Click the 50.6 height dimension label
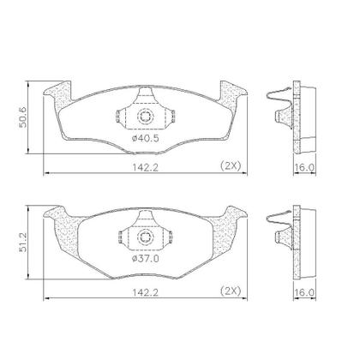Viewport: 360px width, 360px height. [23, 117]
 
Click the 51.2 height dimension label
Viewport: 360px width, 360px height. [23, 242]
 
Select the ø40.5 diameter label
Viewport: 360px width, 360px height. [145, 139]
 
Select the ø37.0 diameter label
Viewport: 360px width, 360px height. [145, 259]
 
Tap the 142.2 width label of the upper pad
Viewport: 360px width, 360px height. [145, 167]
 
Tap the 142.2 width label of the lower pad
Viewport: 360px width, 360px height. [145, 292]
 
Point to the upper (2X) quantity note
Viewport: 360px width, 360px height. [231, 165]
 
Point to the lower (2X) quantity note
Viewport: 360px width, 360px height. [231, 291]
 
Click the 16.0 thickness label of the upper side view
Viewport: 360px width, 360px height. [304, 167]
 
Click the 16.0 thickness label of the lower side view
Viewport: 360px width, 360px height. [304, 292]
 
